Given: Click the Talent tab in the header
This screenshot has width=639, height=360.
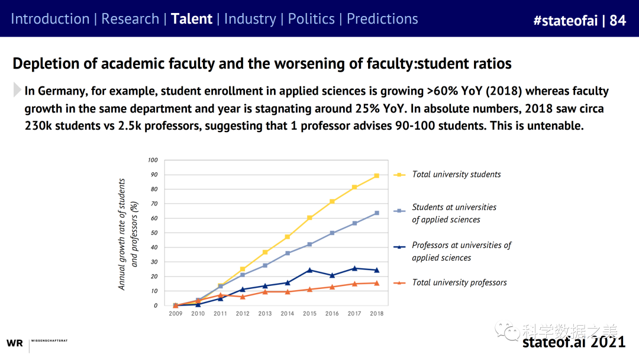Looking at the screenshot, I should point(191,19).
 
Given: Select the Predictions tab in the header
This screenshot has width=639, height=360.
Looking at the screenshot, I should point(382,19).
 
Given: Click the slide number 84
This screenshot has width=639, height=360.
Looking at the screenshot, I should point(618,21).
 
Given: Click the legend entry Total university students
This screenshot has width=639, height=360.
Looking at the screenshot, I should point(456,175).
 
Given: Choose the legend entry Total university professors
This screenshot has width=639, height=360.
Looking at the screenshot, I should point(459,283).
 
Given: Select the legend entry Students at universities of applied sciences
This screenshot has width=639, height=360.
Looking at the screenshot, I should point(454,213).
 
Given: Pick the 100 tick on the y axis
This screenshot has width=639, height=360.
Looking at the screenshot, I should point(153,160).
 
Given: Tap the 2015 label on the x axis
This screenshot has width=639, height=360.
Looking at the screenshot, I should point(309,313).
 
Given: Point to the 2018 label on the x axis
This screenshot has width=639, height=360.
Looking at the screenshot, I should point(376,313).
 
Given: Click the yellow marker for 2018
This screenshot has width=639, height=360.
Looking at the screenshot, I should point(376,176).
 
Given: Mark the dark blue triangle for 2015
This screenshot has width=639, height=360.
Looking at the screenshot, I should point(309,270).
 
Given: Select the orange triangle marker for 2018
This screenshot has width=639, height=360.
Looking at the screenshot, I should point(376,283).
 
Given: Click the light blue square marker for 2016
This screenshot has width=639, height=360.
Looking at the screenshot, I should point(332,233).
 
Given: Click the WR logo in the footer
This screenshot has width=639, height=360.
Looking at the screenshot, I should point(14,343).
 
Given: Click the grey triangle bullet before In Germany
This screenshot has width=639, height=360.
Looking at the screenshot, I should point(17,91).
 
